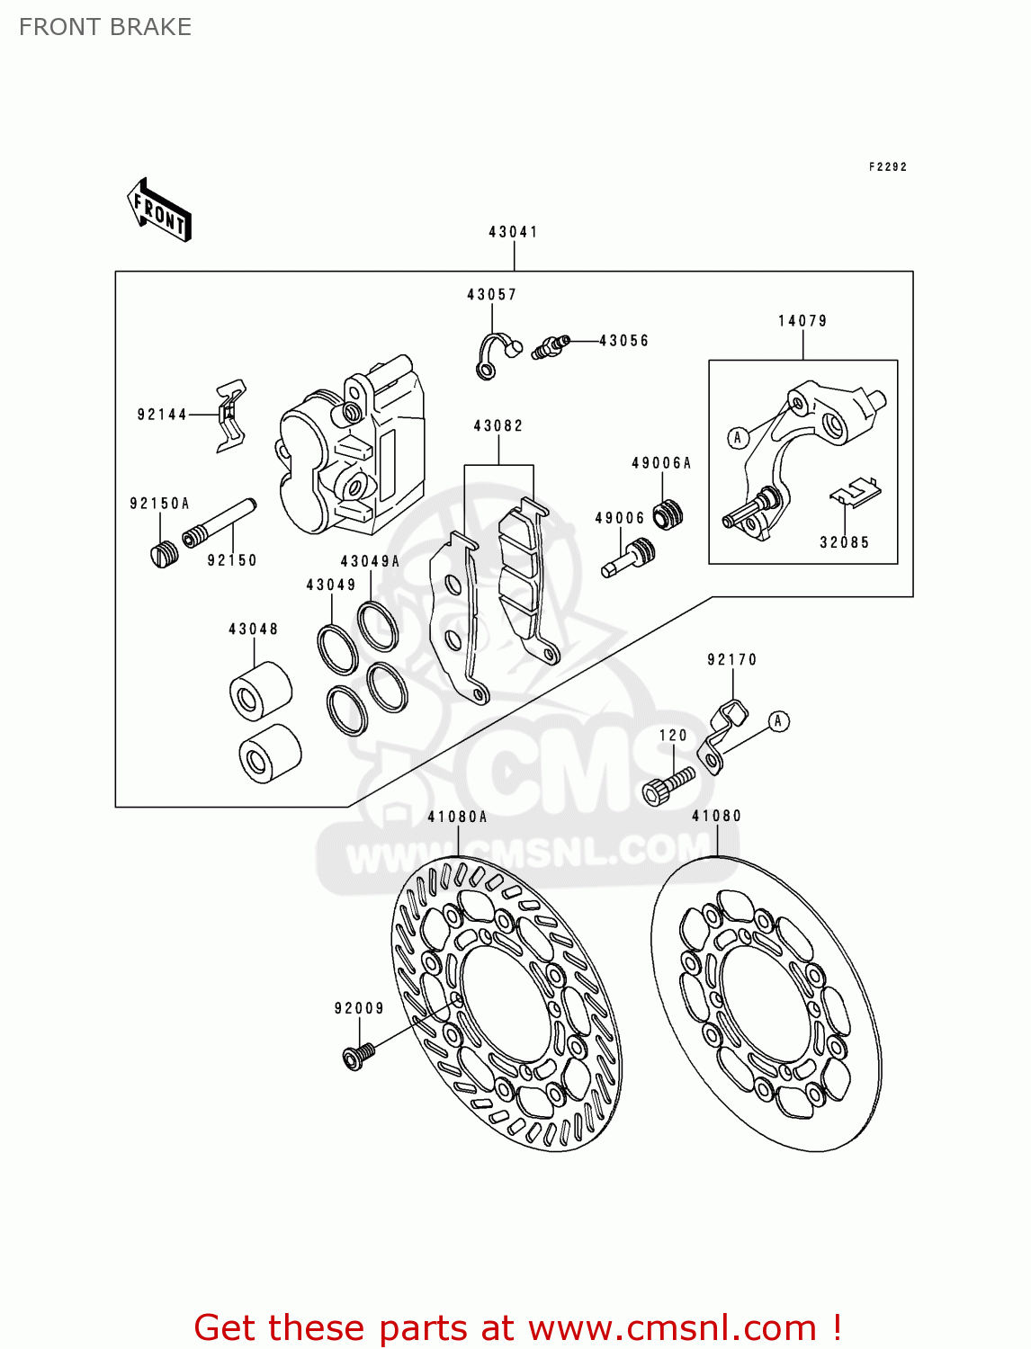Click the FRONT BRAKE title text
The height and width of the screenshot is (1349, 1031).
pyautogui.click(x=105, y=27)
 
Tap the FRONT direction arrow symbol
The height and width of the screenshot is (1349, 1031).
pyautogui.click(x=159, y=210)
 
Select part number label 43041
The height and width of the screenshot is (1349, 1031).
pyautogui.click(x=513, y=232)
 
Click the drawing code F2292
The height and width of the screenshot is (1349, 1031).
pyautogui.click(x=887, y=167)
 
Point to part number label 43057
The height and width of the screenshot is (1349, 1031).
pyautogui.click(x=491, y=295)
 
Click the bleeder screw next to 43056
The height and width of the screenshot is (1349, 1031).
pyautogui.click(x=550, y=346)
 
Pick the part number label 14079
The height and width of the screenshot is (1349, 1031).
pyautogui.click(x=802, y=321)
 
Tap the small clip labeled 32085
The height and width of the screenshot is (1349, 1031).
pyautogui.click(x=854, y=492)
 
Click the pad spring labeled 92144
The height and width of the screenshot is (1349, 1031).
pyautogui.click(x=230, y=415)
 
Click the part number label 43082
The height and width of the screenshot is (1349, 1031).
pyautogui.click(x=498, y=426)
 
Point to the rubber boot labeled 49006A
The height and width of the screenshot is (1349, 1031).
pyautogui.click(x=668, y=514)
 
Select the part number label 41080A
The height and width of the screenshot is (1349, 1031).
pyautogui.click(x=457, y=817)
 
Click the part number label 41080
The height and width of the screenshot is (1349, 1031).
pyautogui.click(x=716, y=817)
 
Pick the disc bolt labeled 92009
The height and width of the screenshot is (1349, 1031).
pyautogui.click(x=358, y=1055)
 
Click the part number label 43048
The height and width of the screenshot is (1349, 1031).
pyautogui.click(x=253, y=630)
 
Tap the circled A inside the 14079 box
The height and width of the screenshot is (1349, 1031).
pyautogui.click(x=738, y=438)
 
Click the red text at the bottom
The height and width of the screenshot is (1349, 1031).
pyautogui.click(x=517, y=1327)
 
